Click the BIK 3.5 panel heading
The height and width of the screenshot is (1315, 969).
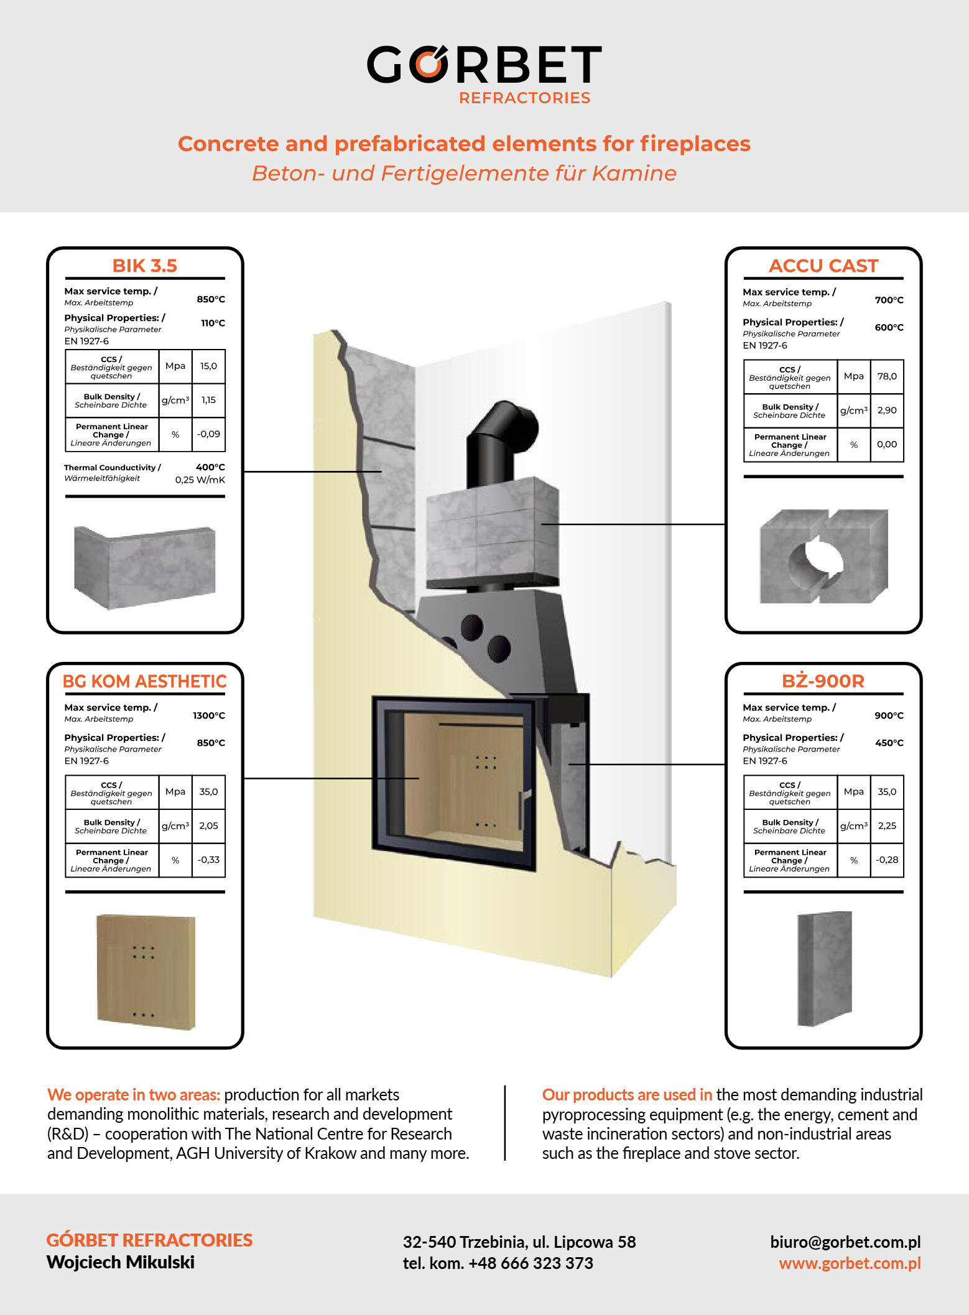[x=144, y=266]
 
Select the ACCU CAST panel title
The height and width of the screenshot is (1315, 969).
[x=823, y=266]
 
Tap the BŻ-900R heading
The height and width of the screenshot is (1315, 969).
[x=823, y=681]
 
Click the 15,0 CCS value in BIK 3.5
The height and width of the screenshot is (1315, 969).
[x=208, y=366]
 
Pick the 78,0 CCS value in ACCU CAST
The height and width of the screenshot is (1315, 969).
[x=887, y=376]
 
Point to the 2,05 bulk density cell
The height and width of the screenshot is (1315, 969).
[x=208, y=826]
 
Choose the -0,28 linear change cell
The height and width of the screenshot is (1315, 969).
[x=887, y=860]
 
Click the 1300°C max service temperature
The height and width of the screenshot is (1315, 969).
[x=209, y=716]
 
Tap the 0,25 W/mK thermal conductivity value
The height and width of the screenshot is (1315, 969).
[x=200, y=480]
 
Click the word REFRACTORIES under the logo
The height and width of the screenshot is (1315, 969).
[x=524, y=98]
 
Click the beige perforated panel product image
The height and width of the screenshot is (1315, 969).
[x=146, y=972]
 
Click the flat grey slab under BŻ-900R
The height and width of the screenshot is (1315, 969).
[x=824, y=969]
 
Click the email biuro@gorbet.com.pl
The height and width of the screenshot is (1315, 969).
[x=845, y=1242]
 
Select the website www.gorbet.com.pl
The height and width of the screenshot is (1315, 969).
[x=849, y=1263]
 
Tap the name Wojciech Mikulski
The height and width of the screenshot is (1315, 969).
[x=120, y=1262]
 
